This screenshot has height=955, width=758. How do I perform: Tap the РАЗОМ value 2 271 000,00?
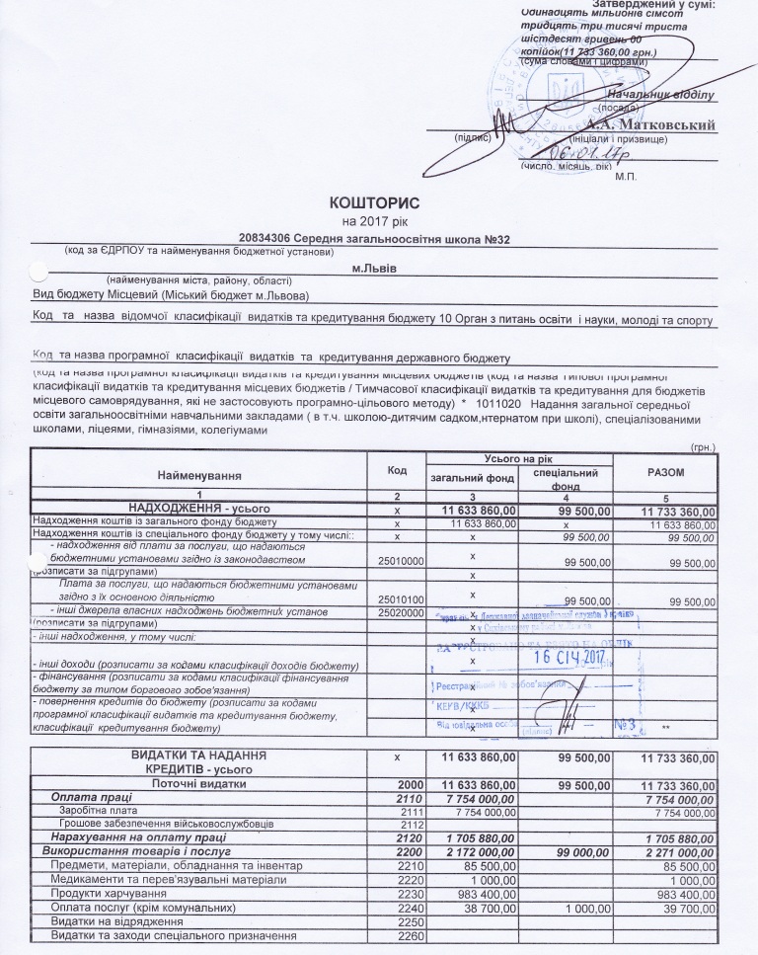point(676,850)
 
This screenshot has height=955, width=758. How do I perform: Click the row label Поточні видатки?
point(197,784)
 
